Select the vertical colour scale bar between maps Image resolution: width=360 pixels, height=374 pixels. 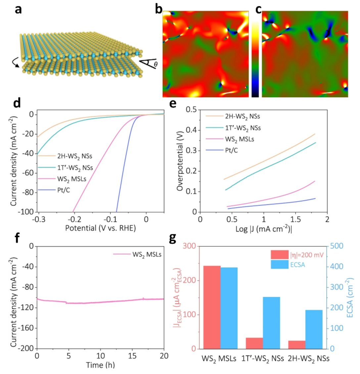point(255,60)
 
